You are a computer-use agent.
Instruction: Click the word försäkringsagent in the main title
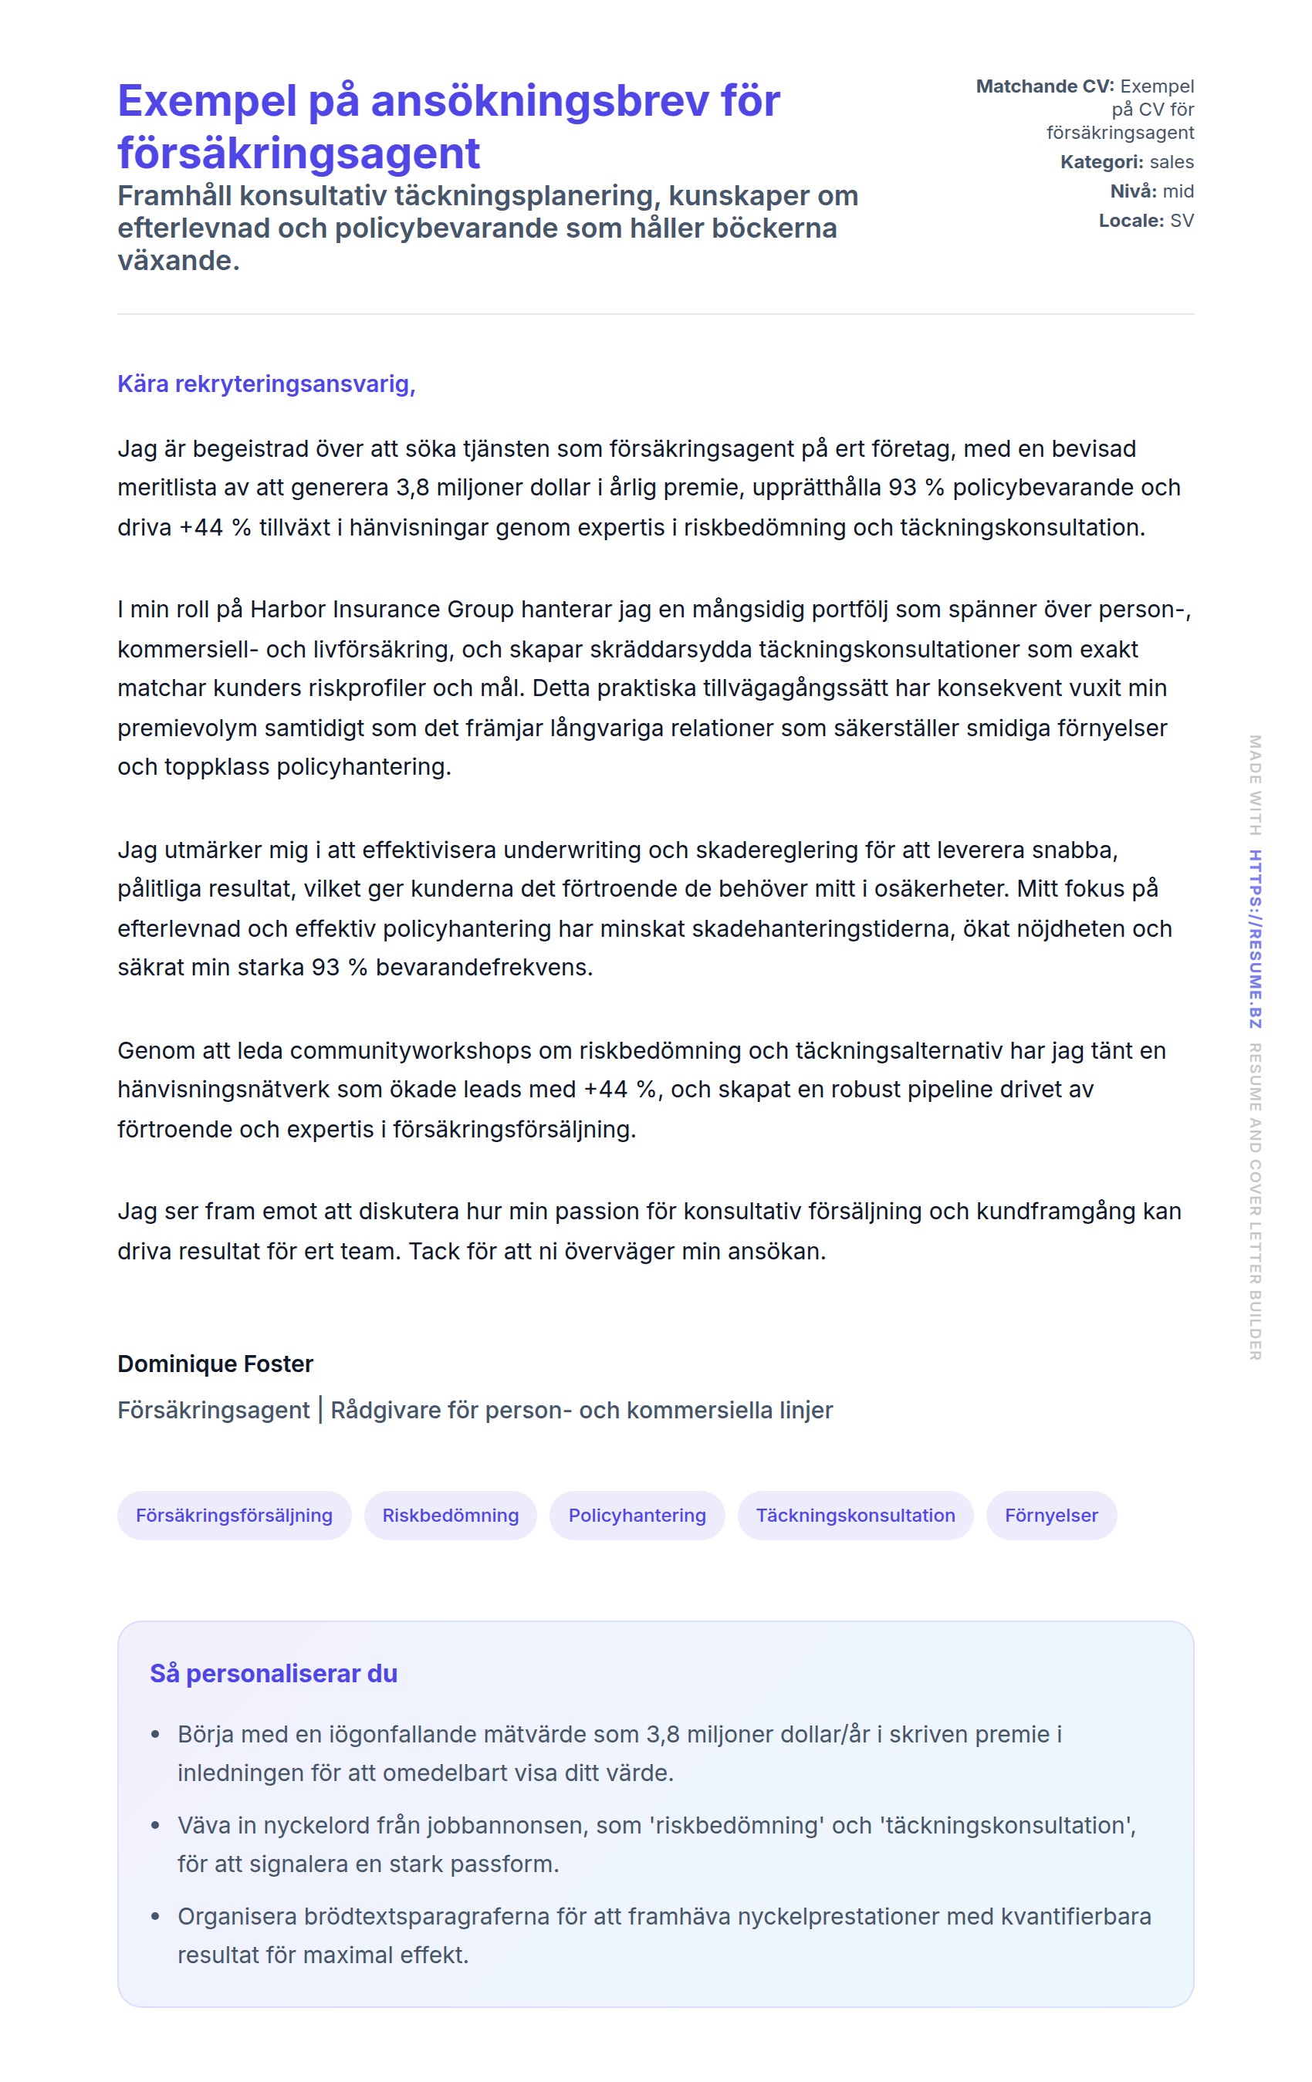299,154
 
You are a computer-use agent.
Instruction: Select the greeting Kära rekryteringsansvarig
265,384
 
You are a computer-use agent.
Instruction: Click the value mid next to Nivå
1178,191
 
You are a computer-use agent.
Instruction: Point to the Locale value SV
1182,221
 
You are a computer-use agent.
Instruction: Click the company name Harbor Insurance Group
381,610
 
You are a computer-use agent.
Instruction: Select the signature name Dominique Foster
215,1364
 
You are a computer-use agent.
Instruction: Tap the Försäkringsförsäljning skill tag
235,1515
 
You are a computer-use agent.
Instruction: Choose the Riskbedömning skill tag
450,1515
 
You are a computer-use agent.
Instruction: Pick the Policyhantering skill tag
637,1515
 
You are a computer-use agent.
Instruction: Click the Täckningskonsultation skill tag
854,1515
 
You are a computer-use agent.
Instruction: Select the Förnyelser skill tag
1051,1515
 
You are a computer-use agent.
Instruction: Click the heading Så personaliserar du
273,1673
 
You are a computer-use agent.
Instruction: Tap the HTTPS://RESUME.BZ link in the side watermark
1255,939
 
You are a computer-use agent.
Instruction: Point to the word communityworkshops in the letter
410,1050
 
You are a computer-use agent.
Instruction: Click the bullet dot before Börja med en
156,1735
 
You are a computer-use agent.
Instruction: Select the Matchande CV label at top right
1045,86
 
